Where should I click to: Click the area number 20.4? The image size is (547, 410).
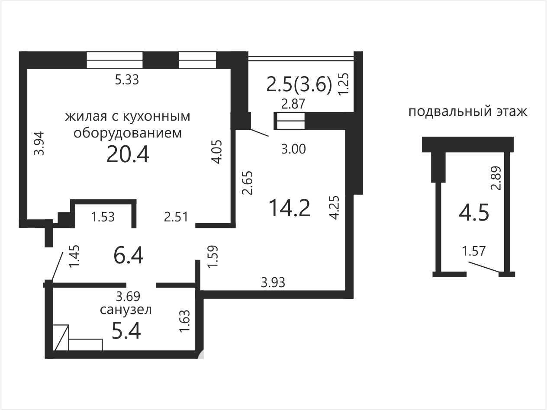point(128,154)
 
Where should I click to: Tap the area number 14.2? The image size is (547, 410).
point(290,208)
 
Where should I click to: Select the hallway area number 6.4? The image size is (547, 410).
point(129,255)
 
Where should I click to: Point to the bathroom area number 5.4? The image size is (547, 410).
point(126,330)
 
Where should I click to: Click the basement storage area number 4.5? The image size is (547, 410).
point(474,213)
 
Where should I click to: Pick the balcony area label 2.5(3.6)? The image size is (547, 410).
point(299,84)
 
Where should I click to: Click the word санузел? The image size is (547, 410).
point(126,310)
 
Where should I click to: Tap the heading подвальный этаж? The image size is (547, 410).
point(468,111)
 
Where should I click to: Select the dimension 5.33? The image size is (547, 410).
point(127,80)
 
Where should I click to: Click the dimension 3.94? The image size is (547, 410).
point(39,144)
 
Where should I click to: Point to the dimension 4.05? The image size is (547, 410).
point(216,152)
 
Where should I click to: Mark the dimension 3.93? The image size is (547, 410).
point(273,282)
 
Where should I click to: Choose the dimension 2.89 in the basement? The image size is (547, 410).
point(496,178)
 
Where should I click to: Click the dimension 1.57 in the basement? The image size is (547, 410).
point(474,251)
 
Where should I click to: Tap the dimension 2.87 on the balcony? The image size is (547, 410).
point(293,104)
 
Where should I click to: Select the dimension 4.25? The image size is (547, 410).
point(334,208)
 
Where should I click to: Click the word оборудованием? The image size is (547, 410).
point(128,133)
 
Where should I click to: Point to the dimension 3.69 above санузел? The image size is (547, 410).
point(128,296)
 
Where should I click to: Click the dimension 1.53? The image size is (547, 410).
point(103,217)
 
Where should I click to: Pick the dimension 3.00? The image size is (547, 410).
point(293,149)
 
